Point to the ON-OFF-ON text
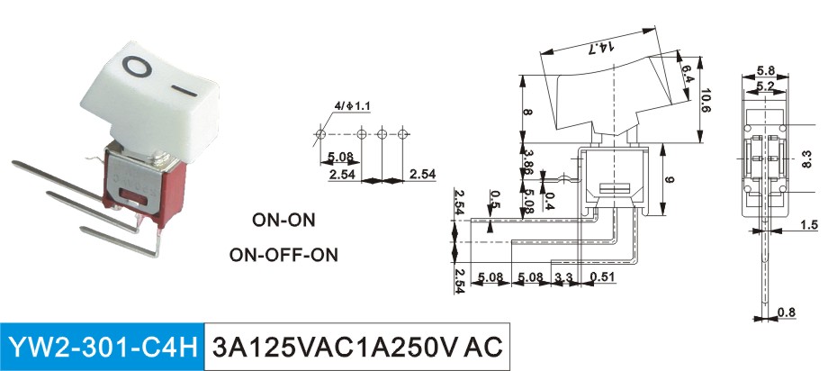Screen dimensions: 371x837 tap(283, 255)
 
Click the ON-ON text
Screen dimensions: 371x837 tap(283, 220)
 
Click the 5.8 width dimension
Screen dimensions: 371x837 tap(766, 70)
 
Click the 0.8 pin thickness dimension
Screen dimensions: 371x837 tap(787, 312)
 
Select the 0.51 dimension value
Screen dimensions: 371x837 tap(603, 277)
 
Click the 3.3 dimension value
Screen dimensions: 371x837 tap(564, 277)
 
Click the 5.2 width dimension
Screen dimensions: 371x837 tap(766, 86)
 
